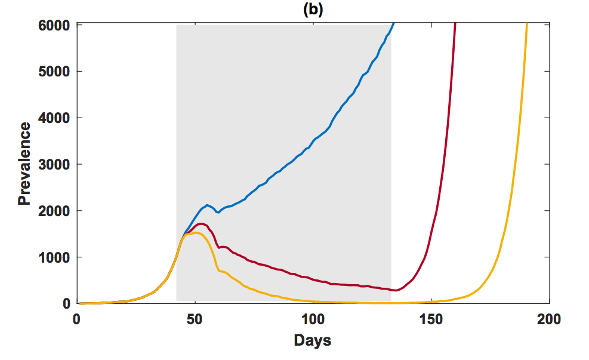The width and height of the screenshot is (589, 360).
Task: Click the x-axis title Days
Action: (312, 341)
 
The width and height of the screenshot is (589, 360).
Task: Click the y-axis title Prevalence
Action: (24, 163)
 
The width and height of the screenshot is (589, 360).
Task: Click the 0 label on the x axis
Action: (76, 319)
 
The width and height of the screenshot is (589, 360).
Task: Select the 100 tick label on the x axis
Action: (313, 319)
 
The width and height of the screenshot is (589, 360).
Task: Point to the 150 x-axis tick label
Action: (431, 319)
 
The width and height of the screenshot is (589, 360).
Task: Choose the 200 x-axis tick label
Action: (549, 319)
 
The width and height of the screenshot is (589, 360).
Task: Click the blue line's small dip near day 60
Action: (218, 212)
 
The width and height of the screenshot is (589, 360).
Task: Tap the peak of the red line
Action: (202, 224)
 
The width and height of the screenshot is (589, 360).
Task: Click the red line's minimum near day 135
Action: (396, 291)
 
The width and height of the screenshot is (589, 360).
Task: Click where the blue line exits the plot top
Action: (394, 23)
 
